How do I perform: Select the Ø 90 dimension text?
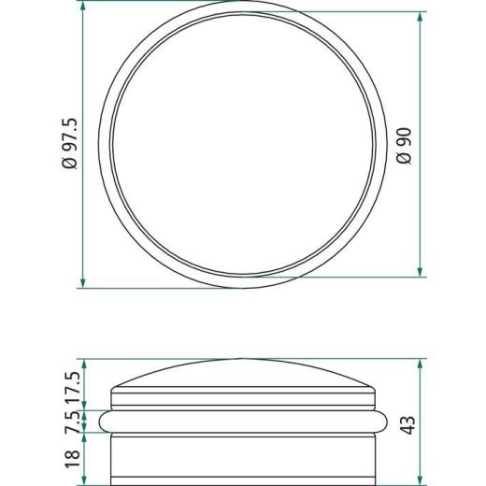pos(405,146)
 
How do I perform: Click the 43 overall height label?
pos(407,425)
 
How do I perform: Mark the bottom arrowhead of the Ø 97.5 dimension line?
pos(83,284)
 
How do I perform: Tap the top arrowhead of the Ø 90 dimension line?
pos(422,18)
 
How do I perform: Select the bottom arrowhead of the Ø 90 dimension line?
pos(422,273)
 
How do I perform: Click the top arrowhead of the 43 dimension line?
pos(422,364)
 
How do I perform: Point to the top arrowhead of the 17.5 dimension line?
pos(83,364)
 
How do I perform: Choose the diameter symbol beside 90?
pos(405,159)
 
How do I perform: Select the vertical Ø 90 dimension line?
pos(422,146)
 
